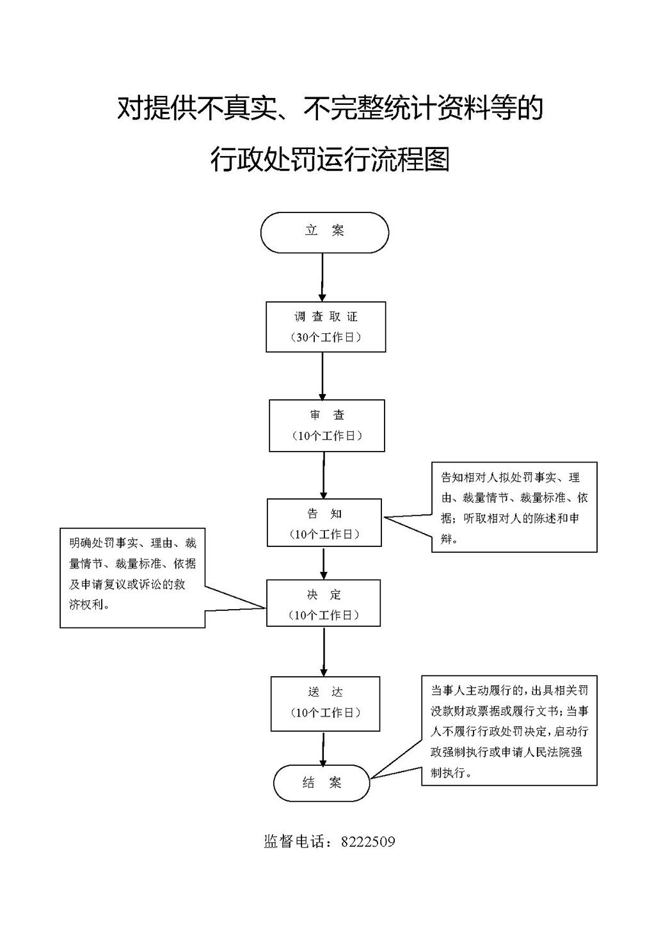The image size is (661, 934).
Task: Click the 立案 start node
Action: [324, 232]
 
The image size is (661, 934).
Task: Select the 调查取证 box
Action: [326, 326]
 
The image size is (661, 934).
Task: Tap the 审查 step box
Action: [327, 425]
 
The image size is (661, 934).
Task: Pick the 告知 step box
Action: [324, 523]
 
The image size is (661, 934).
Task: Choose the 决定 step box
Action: [324, 603]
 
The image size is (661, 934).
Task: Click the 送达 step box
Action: [325, 703]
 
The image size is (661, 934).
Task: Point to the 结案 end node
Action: [322, 782]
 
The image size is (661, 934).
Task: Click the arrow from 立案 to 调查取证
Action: [323, 276]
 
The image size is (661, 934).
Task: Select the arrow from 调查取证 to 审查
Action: [323, 376]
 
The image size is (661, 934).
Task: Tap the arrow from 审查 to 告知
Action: [324, 475]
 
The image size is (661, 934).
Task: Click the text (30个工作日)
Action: [326, 337]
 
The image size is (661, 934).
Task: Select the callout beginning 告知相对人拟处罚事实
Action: [514, 507]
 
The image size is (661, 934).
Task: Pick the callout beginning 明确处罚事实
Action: [132, 577]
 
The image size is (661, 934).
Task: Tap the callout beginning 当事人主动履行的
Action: [509, 730]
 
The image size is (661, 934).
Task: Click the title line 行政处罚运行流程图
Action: [330, 159]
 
